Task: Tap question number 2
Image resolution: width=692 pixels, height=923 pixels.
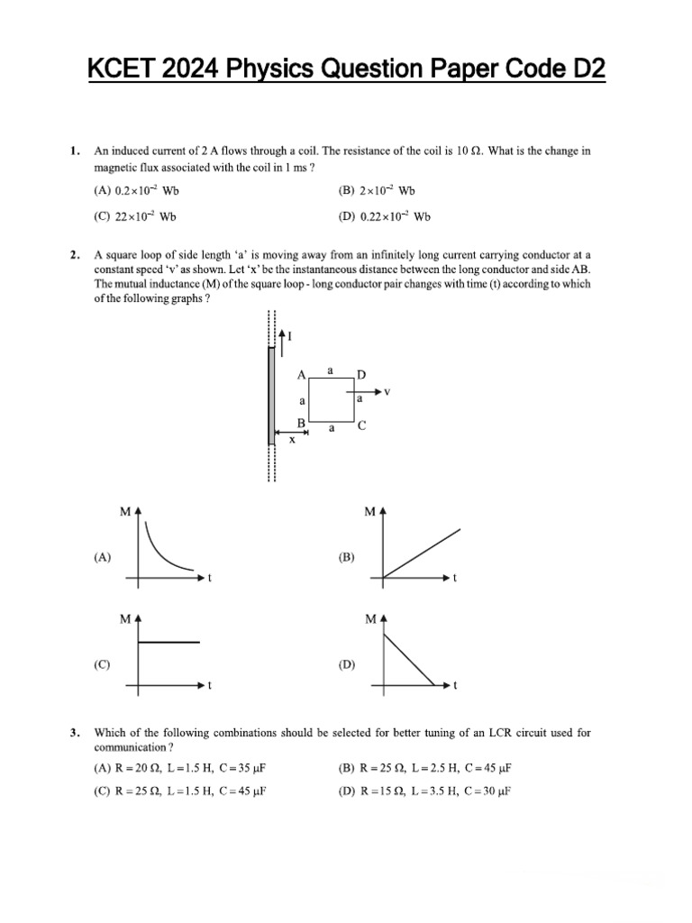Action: pyautogui.click(x=75, y=256)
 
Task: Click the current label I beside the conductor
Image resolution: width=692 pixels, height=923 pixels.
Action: pyautogui.click(x=290, y=336)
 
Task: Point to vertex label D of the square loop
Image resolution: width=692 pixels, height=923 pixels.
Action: pyautogui.click(x=361, y=374)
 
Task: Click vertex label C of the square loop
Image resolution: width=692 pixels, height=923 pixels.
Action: pyautogui.click(x=361, y=426)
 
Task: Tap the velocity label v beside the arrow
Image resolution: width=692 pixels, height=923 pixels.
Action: pyautogui.click(x=387, y=392)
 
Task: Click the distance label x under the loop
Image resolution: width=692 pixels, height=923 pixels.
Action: pyautogui.click(x=292, y=439)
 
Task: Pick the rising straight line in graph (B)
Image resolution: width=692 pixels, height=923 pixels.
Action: pyautogui.click(x=422, y=553)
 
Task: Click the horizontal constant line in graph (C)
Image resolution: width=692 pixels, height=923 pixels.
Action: pyautogui.click(x=168, y=642)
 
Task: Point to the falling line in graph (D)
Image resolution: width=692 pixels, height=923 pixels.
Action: pyautogui.click(x=410, y=661)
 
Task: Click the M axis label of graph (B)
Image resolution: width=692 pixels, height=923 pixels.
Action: pyautogui.click(x=370, y=512)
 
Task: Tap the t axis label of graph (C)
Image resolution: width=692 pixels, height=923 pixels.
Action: pyautogui.click(x=210, y=686)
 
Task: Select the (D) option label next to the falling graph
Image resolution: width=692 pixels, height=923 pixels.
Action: pyautogui.click(x=347, y=665)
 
